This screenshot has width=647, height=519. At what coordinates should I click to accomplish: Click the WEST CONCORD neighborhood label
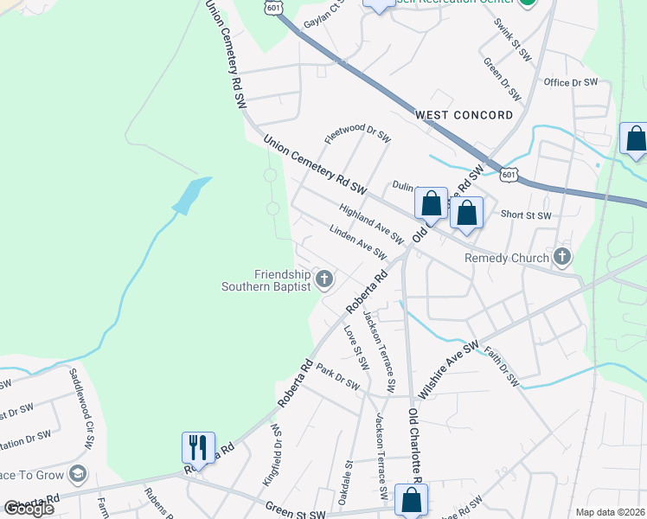[464, 115]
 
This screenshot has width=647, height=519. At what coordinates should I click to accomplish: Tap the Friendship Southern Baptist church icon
[324, 279]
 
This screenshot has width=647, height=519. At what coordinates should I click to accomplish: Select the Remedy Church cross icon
[562, 257]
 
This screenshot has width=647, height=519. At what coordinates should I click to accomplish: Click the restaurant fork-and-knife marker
[198, 448]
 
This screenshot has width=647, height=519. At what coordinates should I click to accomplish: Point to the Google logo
[29, 509]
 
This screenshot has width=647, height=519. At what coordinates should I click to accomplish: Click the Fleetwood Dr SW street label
[358, 134]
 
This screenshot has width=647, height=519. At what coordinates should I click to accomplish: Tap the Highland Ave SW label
[372, 223]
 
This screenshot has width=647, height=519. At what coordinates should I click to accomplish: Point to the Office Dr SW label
[571, 82]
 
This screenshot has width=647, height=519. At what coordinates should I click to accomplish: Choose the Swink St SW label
[512, 42]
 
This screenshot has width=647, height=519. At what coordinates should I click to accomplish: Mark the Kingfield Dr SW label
[275, 453]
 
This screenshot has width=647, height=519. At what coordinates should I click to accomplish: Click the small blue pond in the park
[192, 195]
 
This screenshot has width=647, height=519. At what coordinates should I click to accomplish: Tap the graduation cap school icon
[78, 473]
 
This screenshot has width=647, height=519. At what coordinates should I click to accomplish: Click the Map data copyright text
[611, 512]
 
